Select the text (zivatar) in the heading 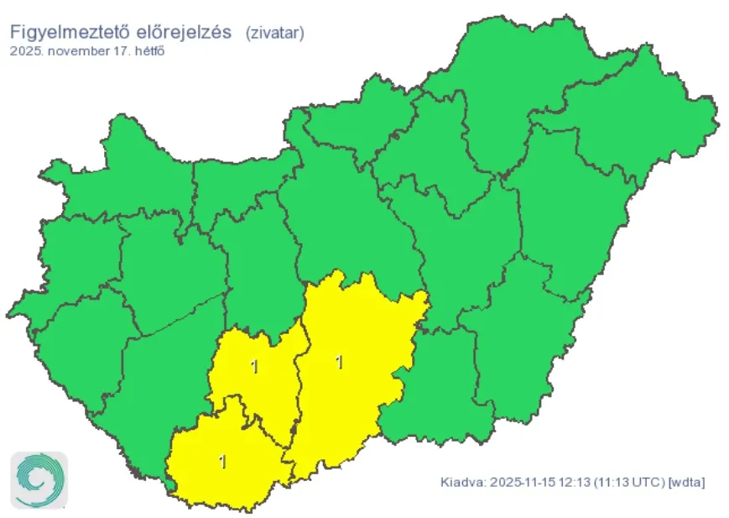click(x=274, y=32)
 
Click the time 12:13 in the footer click(x=574, y=483)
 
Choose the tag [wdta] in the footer click(x=686, y=483)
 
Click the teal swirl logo click(x=39, y=480)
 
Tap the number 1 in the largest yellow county click(x=339, y=362)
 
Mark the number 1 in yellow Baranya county click(x=221, y=461)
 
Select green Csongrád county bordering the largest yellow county click(x=436, y=386)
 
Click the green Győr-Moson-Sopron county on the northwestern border click(x=126, y=168)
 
